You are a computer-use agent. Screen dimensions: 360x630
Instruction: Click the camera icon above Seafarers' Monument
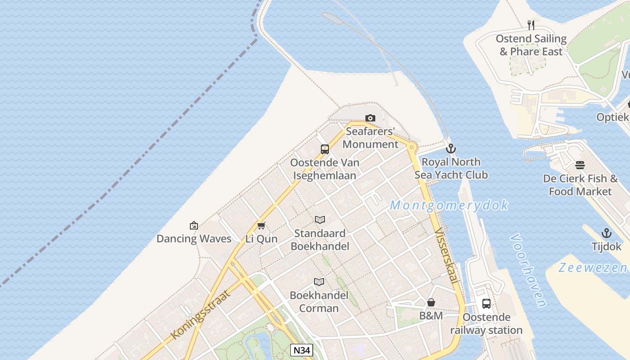click(x=370, y=118)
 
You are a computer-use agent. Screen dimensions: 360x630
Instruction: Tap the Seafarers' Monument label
click(x=370, y=138)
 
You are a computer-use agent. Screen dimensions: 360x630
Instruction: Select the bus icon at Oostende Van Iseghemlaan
click(x=325, y=149)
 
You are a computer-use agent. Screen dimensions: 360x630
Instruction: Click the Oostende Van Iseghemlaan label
click(x=325, y=169)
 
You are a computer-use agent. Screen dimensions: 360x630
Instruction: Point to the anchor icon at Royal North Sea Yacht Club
click(x=450, y=148)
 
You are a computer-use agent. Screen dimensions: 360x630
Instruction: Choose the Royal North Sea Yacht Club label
click(x=451, y=168)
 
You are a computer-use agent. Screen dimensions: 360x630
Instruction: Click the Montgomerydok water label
click(x=449, y=205)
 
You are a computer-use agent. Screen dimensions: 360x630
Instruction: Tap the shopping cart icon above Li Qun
click(x=261, y=225)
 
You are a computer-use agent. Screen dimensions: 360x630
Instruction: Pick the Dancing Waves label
click(x=194, y=238)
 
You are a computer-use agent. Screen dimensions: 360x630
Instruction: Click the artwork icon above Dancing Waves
click(x=194, y=225)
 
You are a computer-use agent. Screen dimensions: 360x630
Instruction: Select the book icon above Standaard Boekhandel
click(x=320, y=220)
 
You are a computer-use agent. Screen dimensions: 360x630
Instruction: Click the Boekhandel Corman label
click(x=319, y=301)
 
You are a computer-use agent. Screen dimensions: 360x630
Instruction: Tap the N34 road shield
click(x=301, y=350)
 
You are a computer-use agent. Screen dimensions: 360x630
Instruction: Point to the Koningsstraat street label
click(x=201, y=315)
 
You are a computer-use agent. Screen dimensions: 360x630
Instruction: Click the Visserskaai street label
click(x=446, y=256)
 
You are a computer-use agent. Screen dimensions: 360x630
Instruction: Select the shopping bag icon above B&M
click(x=431, y=302)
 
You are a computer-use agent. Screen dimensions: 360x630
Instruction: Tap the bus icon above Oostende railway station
click(x=486, y=303)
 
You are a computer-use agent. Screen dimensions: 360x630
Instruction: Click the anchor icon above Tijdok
click(x=607, y=233)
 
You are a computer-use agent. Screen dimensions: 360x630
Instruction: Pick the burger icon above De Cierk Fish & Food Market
click(x=580, y=165)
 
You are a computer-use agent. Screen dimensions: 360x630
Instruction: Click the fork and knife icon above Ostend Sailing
click(x=531, y=25)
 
